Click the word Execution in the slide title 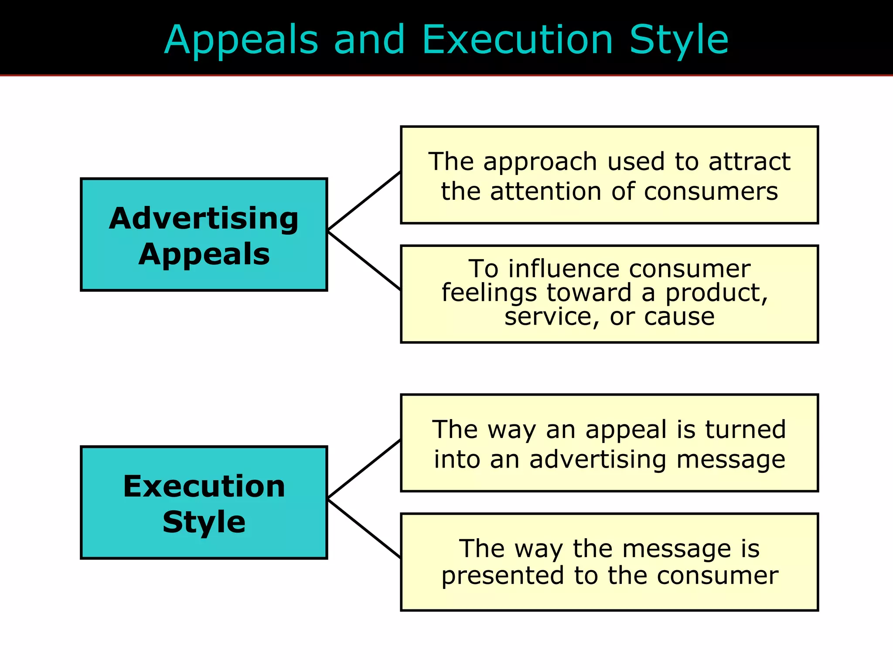[x=518, y=40]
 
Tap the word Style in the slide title [x=679, y=41]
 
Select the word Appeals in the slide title [x=241, y=41]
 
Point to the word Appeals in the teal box [x=204, y=254]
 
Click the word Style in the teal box [x=204, y=522]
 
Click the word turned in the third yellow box [x=746, y=430]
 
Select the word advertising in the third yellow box [x=598, y=460]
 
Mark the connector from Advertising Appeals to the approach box [x=364, y=200]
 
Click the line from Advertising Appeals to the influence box [x=364, y=261]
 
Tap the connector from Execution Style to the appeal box [x=364, y=468]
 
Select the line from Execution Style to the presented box [x=364, y=529]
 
